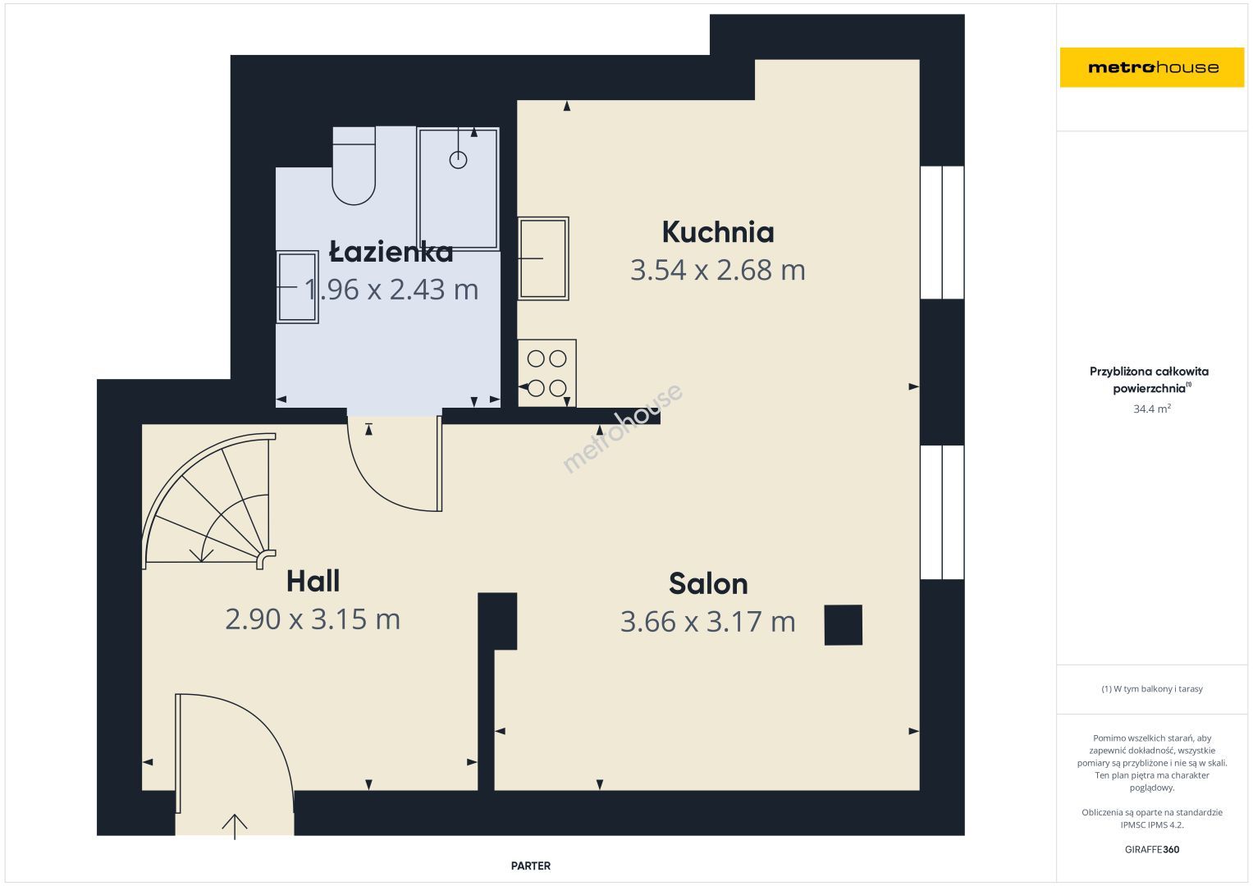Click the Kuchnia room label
[x=718, y=232]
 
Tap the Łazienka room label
[x=391, y=252]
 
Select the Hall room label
[x=313, y=581]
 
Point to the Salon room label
[x=708, y=584]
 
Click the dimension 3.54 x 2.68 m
[x=718, y=270]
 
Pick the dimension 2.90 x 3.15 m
[x=313, y=619]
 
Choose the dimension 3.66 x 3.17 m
[x=707, y=622]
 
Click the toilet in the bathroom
[x=354, y=166]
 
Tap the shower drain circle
[x=458, y=160]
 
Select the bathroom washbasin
[x=297, y=287]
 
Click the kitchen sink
[x=542, y=258]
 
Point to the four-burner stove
[x=546, y=373]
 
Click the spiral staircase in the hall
[x=208, y=500]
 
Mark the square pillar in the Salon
[x=843, y=625]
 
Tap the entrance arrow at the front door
[x=235, y=827]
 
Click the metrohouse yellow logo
[x=1152, y=67]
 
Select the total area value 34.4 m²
[x=1152, y=409]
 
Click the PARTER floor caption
[x=530, y=865]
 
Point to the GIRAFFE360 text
[x=1152, y=850]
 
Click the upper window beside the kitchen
[x=942, y=232]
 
